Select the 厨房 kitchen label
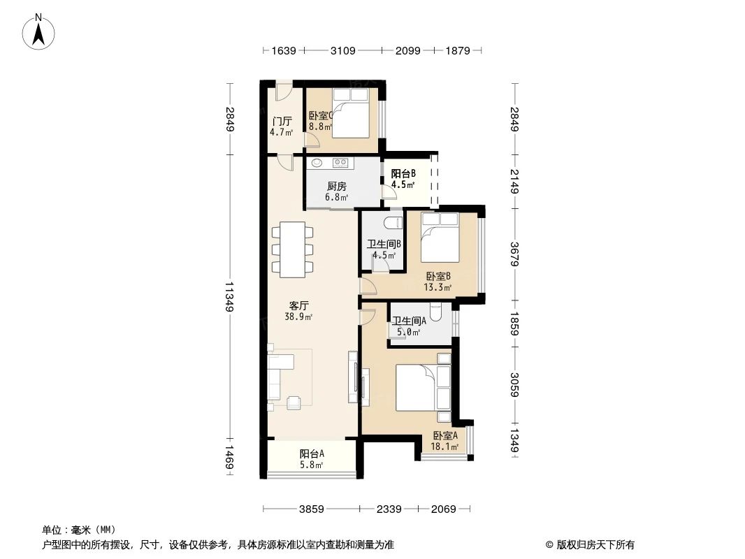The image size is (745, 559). [337, 187]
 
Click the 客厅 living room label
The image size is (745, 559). [299, 305]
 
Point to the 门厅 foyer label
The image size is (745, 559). [282, 120]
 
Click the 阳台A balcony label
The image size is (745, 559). [312, 453]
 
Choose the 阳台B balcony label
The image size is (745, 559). [403, 174]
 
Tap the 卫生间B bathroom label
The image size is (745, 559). [384, 245]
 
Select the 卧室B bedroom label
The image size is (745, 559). [437, 276]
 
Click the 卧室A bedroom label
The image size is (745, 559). [444, 435]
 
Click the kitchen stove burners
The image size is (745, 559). [341, 163]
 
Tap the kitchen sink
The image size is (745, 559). [317, 163]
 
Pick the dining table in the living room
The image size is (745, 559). [292, 249]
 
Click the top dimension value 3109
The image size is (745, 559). [343, 50]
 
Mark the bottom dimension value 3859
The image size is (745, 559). [312, 509]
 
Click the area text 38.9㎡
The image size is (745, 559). [298, 317]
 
